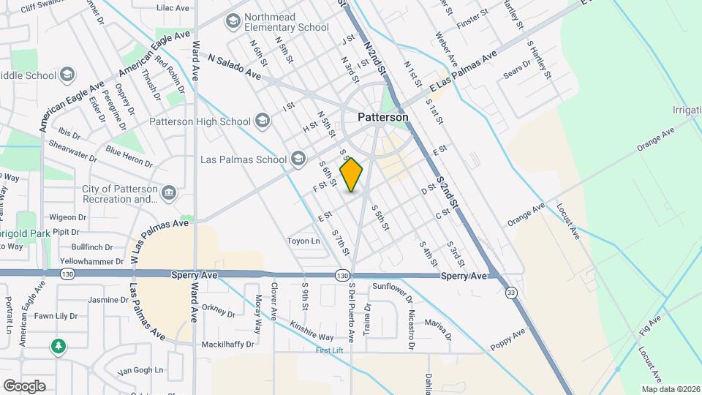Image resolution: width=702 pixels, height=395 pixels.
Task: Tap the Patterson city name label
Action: (383, 117)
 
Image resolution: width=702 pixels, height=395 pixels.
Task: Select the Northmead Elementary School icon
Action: (233, 22)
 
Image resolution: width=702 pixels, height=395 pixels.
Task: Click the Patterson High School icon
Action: (263, 121)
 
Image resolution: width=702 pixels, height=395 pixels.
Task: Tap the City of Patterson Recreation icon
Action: (169, 193)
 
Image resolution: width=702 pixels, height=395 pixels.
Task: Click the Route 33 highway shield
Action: (511, 293)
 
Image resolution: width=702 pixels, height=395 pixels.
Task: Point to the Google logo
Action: (24, 385)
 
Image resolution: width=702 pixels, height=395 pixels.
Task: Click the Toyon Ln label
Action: (303, 241)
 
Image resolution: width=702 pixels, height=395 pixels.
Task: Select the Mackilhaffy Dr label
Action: (228, 344)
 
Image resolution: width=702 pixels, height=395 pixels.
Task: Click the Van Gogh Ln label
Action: (140, 371)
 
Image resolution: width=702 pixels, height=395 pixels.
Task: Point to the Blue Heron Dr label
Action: (129, 156)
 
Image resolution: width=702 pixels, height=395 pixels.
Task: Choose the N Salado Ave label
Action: (234, 67)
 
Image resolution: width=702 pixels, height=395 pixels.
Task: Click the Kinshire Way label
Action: (312, 331)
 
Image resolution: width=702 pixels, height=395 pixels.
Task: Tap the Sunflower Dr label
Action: (393, 288)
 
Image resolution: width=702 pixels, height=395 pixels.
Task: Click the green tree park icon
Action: (58, 346)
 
